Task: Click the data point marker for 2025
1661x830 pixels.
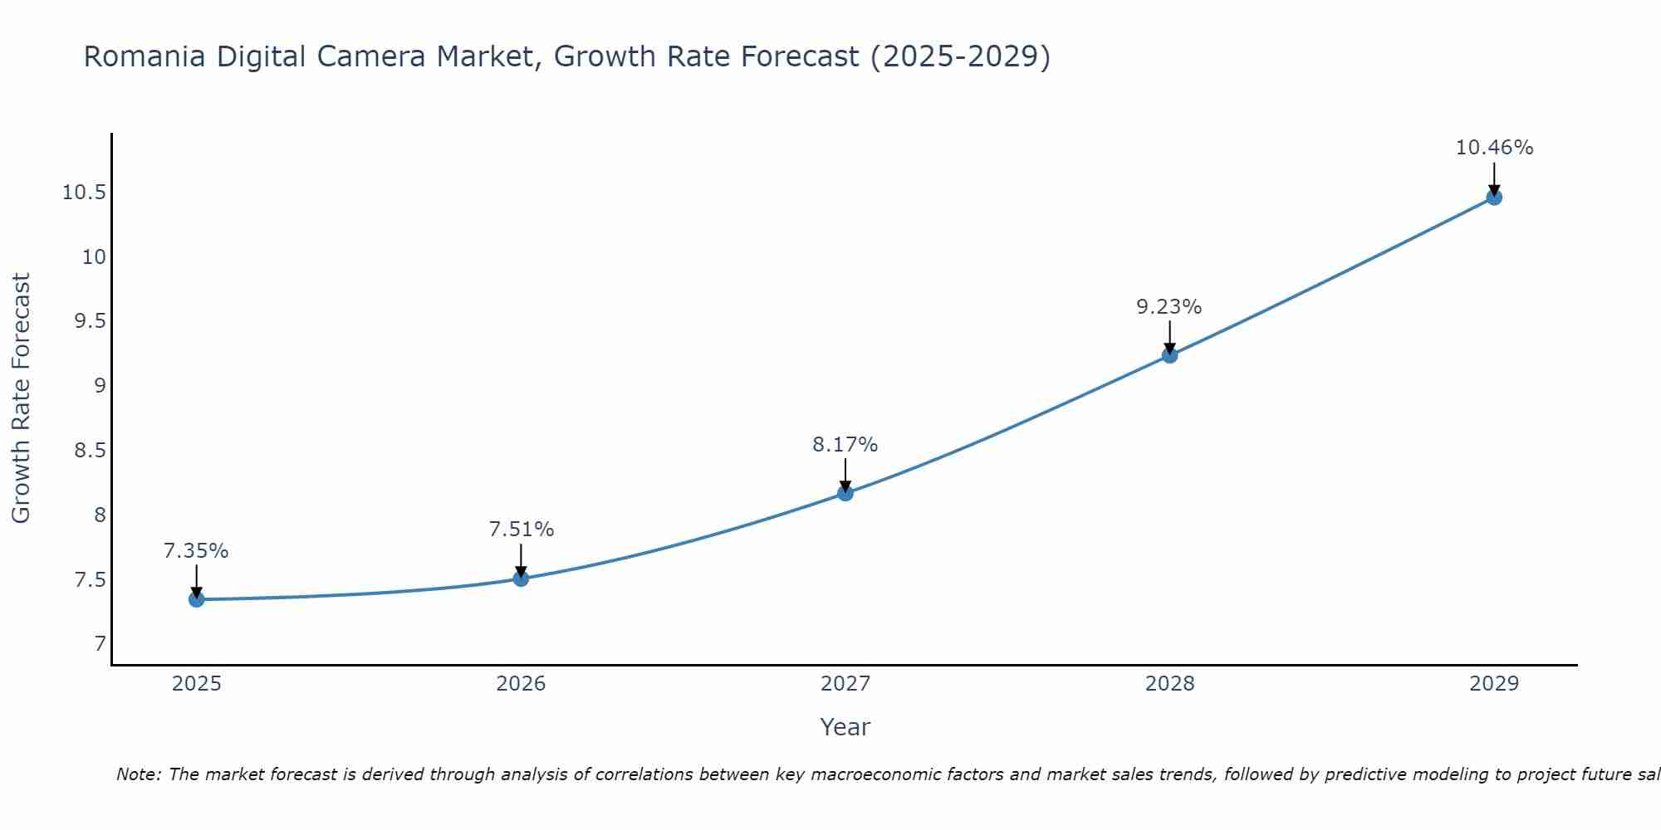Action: (197, 599)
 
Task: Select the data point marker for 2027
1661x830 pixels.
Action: (845, 493)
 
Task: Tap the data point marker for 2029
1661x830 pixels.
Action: (1494, 198)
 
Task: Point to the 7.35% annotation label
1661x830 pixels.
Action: (196, 551)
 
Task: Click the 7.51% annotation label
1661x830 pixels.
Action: (521, 530)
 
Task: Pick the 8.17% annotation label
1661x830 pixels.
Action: (845, 445)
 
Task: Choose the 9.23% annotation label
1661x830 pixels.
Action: (1169, 307)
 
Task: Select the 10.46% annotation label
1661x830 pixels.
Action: (1494, 148)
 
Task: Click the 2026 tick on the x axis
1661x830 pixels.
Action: (521, 684)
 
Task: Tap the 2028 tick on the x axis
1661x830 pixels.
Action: (1169, 684)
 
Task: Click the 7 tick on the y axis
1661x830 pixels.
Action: (100, 644)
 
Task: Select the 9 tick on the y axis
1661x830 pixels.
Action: (100, 386)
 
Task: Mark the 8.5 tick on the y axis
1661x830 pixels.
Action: (91, 451)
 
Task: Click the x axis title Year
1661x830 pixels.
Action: (845, 727)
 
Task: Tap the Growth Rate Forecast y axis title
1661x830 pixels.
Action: (21, 398)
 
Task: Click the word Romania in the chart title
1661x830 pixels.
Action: (145, 57)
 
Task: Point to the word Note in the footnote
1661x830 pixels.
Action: (138, 774)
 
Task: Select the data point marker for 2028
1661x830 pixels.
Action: (1169, 355)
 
